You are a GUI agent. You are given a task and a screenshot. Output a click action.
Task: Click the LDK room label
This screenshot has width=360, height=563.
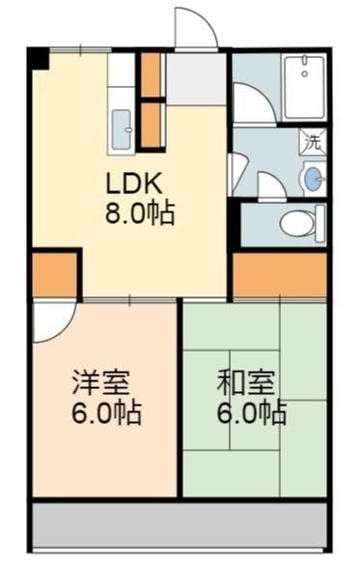pyautogui.click(x=133, y=184)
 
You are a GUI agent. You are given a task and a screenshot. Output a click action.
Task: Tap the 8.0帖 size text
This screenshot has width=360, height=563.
pyautogui.click(x=140, y=213)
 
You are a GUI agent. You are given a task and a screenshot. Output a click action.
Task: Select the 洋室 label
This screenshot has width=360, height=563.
pyautogui.click(x=100, y=382)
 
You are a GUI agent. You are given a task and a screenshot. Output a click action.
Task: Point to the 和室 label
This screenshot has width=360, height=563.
pyautogui.click(x=246, y=382)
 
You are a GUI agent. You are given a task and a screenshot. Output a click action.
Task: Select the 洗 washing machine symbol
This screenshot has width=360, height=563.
pyautogui.click(x=313, y=142)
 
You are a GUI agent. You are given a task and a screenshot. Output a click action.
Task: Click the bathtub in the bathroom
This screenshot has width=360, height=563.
pyautogui.click(x=304, y=88)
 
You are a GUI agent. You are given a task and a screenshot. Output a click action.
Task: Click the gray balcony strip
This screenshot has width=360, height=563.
pyautogui.click(x=180, y=525)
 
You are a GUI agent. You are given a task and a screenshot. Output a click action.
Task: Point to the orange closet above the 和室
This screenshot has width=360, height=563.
pyautogui.click(x=280, y=274)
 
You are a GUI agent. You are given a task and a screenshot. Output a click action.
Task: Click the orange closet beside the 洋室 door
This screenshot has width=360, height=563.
pyautogui.click(x=55, y=274)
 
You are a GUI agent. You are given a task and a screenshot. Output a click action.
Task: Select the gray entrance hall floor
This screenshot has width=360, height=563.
pyautogui.click(x=197, y=79)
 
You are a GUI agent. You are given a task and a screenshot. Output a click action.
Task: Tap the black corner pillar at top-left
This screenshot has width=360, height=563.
pyautogui.click(x=38, y=58)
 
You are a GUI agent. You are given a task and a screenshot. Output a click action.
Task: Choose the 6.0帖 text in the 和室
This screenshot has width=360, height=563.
pyautogui.click(x=252, y=413)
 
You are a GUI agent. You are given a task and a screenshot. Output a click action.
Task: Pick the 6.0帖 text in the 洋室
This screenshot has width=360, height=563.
pyautogui.click(x=106, y=413)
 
